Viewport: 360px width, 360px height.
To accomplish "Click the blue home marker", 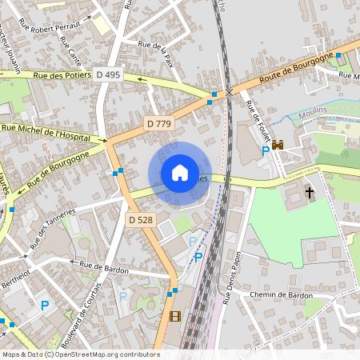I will [180, 173].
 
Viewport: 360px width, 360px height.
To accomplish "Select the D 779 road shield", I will [159, 123].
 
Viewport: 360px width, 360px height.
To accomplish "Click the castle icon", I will [278, 145].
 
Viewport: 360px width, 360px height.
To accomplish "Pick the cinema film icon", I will [175, 316].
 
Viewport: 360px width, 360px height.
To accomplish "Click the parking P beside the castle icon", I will [266, 151].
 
